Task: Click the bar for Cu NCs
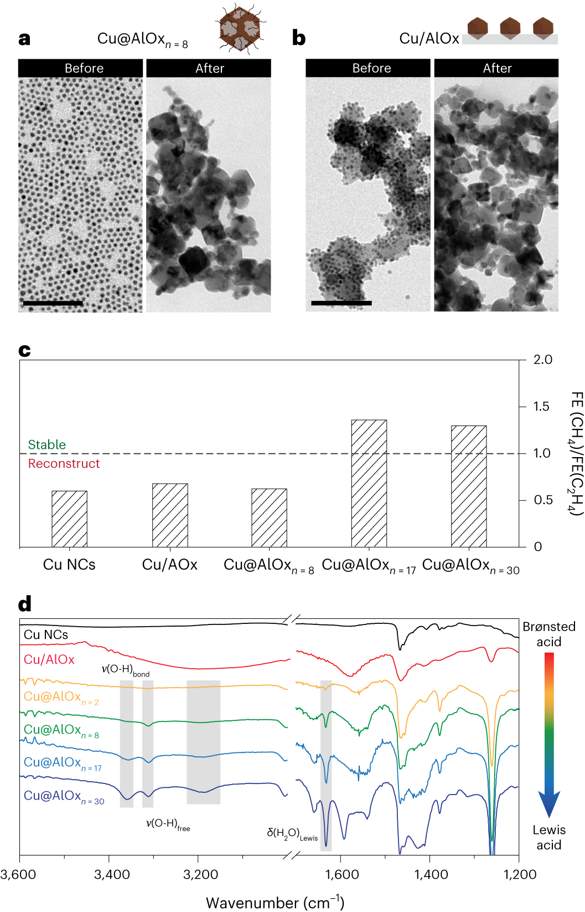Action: [x=69, y=519]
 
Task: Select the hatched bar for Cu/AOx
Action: [x=170, y=515]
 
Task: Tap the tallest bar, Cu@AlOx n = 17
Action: [x=369, y=483]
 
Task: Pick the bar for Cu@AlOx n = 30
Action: [x=469, y=486]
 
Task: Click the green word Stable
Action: [x=47, y=445]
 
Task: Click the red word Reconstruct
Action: [x=64, y=464]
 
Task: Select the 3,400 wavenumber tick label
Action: [x=112, y=875]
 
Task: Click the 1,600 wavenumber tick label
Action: [x=342, y=875]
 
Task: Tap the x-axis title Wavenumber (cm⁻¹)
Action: [x=275, y=903]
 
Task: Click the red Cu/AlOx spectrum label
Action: [x=49, y=659]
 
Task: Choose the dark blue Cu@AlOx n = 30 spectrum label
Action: [x=64, y=796]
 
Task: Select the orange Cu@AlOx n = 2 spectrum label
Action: [x=61, y=697]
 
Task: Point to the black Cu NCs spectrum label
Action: [x=46, y=635]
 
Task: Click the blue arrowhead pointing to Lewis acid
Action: [x=549, y=803]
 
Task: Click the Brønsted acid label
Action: [x=549, y=634]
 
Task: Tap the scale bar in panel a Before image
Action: [x=53, y=303]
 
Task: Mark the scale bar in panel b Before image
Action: [x=341, y=303]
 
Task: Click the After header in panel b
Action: [x=497, y=68]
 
